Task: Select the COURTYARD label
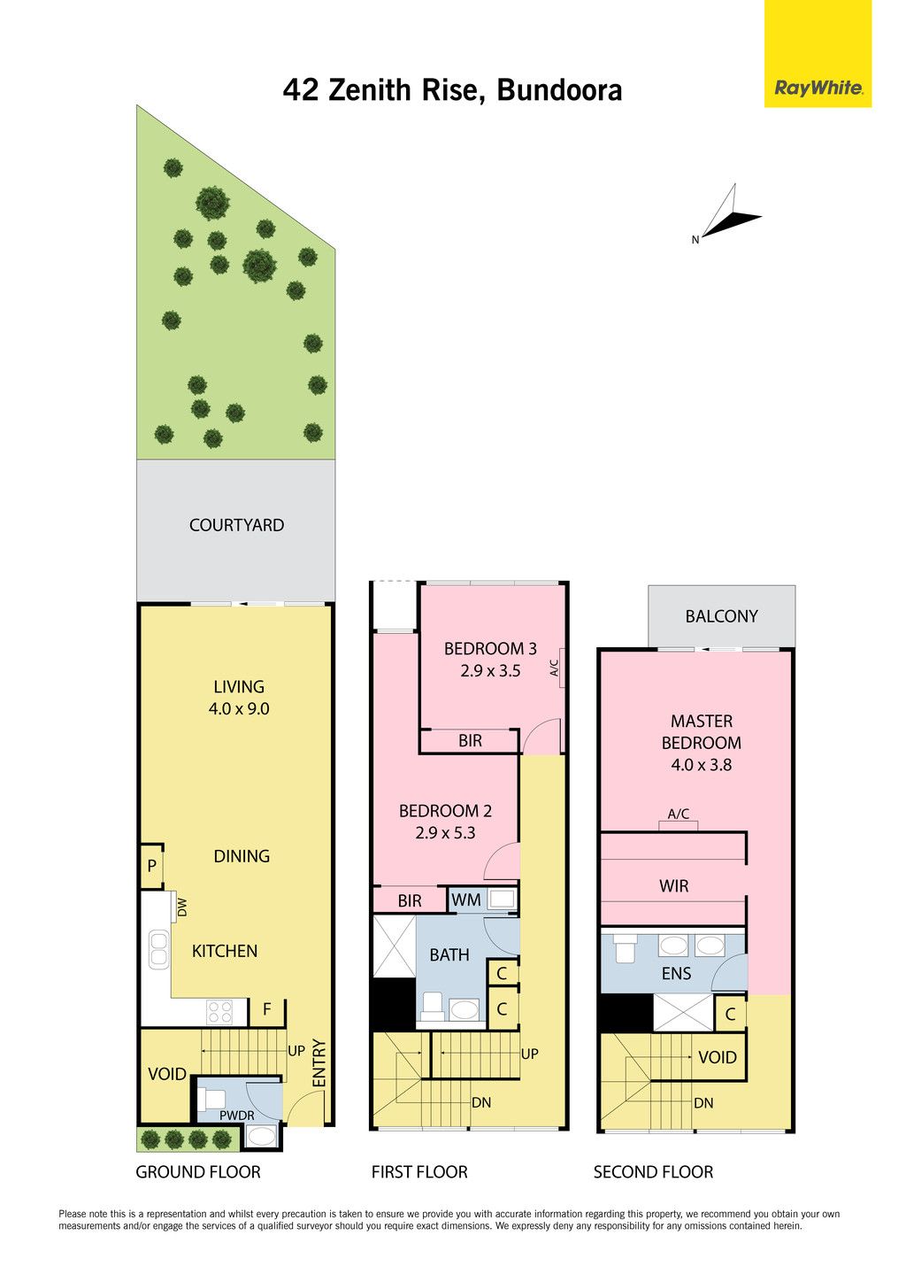pyautogui.click(x=236, y=525)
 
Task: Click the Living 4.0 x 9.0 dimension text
pyautogui.click(x=239, y=708)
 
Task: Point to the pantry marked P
pyautogui.click(x=151, y=865)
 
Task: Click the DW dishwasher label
pyautogui.click(x=182, y=907)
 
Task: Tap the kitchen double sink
pyautogui.click(x=158, y=949)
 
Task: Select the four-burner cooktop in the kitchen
pyautogui.click(x=220, y=1012)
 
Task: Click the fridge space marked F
pyautogui.click(x=266, y=1009)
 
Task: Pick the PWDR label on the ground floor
pyautogui.click(x=237, y=1116)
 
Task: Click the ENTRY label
pyautogui.click(x=319, y=1064)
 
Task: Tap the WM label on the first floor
pyautogui.click(x=466, y=900)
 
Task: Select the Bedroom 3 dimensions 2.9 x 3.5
pyautogui.click(x=490, y=671)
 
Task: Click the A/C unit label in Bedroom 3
pyautogui.click(x=554, y=668)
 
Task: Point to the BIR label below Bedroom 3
pyautogui.click(x=470, y=740)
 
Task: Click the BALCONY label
pyautogui.click(x=721, y=616)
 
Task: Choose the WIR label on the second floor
pyautogui.click(x=674, y=886)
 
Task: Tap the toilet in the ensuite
pyautogui.click(x=625, y=947)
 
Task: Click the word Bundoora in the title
pyautogui.click(x=559, y=90)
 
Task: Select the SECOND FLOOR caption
pyautogui.click(x=653, y=1172)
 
